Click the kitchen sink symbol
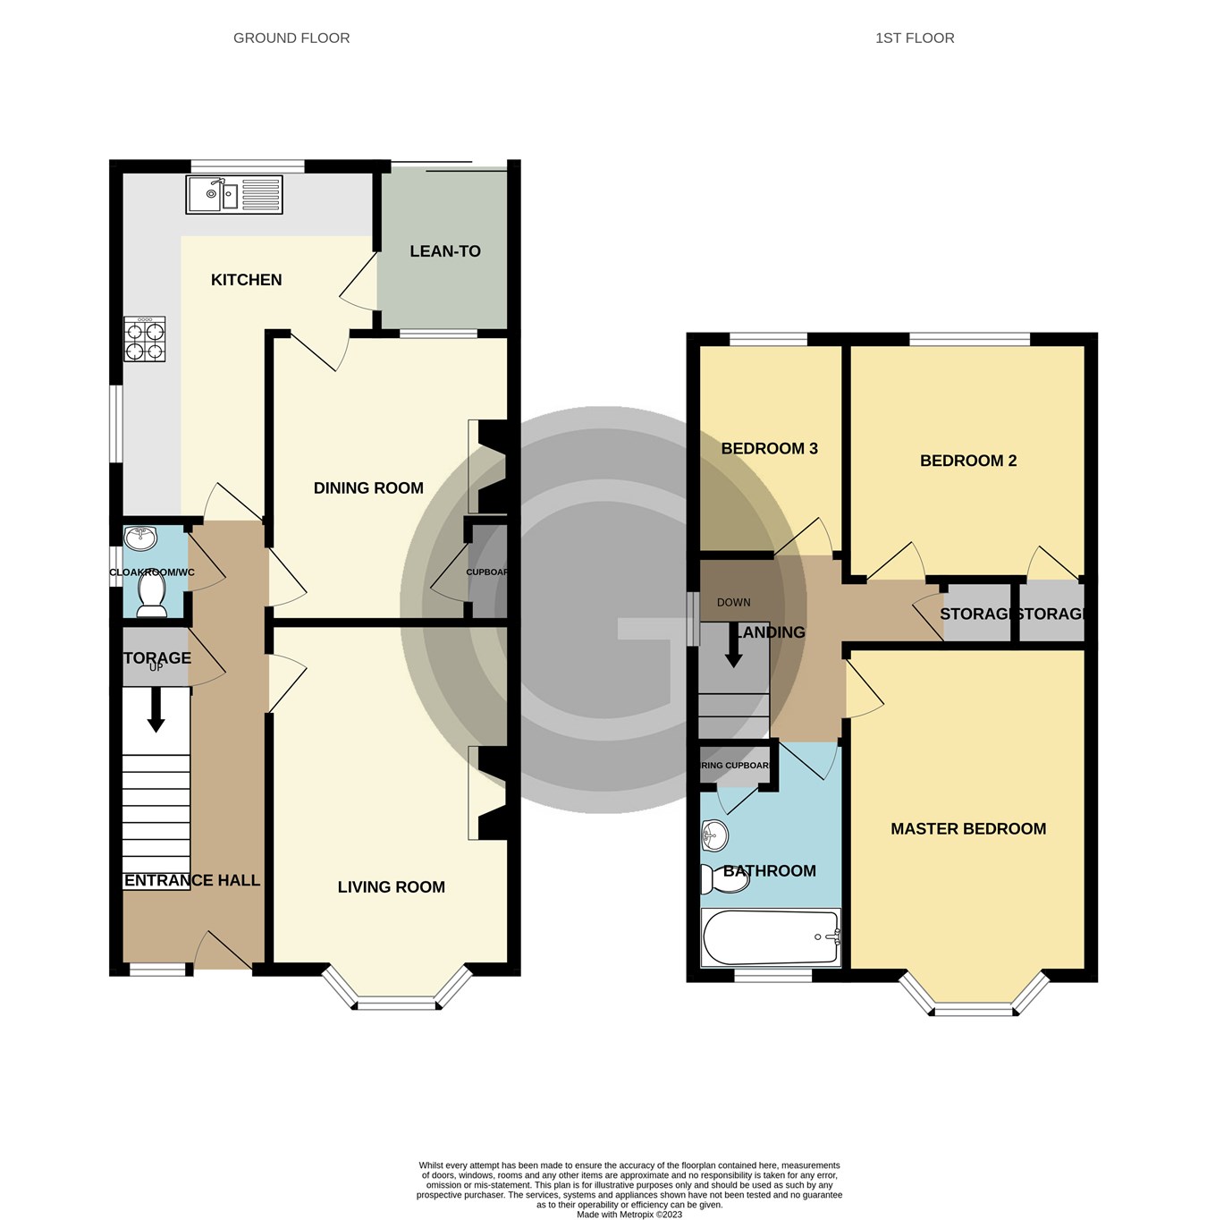tap(233, 195)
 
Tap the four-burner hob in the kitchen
tap(145, 340)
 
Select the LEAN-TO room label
tap(444, 251)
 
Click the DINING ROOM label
tap(368, 487)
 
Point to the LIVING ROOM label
tap(391, 886)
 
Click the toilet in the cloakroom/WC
tap(151, 596)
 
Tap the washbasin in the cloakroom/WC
tap(140, 538)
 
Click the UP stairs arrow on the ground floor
tap(156, 710)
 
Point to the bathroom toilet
tap(723, 880)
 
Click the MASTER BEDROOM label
tap(968, 829)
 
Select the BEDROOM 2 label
tap(968, 461)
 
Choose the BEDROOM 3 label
tap(769, 448)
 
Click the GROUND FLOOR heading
tap(291, 38)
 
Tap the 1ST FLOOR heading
tap(915, 38)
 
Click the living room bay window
tap(396, 1003)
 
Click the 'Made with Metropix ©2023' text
tap(629, 1214)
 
